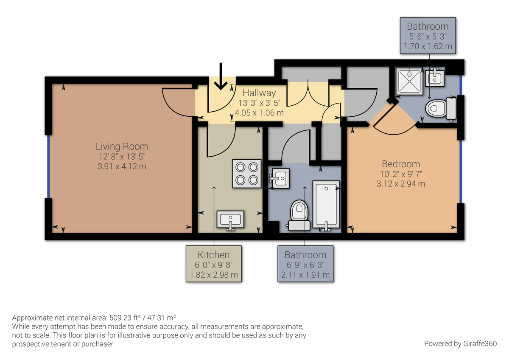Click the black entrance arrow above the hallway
pyautogui.click(x=220, y=77)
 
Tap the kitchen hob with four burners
pyautogui.click(x=246, y=173)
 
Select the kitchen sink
pyautogui.click(x=230, y=220)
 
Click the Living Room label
pyautogui.click(x=122, y=147)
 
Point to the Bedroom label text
pyautogui.click(x=401, y=164)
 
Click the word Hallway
pyautogui.click(x=259, y=93)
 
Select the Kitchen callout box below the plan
pyautogui.click(x=214, y=264)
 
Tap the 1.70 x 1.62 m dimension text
pyautogui.click(x=428, y=46)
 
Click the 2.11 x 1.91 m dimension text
pyautogui.click(x=305, y=275)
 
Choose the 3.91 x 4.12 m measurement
pyautogui.click(x=122, y=166)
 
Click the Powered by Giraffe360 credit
pyautogui.click(x=460, y=343)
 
